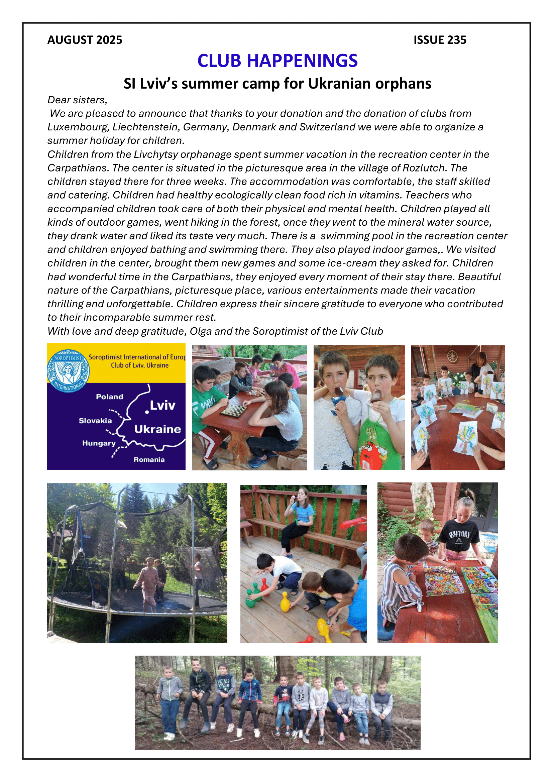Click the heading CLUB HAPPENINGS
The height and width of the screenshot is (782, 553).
click(277, 61)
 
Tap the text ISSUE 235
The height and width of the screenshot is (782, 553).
click(440, 40)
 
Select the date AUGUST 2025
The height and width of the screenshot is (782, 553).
click(85, 40)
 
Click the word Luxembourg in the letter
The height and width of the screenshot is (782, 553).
click(78, 127)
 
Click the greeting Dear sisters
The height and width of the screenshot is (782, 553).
click(77, 100)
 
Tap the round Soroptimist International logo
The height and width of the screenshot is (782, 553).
click(69, 370)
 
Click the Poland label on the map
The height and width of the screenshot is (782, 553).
click(109, 397)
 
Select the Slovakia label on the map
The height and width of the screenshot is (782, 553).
click(95, 421)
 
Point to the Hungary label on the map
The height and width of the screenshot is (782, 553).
click(99, 443)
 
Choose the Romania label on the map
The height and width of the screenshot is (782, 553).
click(149, 460)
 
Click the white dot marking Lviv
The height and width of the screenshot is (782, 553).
click(147, 412)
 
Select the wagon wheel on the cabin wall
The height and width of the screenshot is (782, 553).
click(452, 356)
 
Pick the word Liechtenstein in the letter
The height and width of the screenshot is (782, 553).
click(146, 127)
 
